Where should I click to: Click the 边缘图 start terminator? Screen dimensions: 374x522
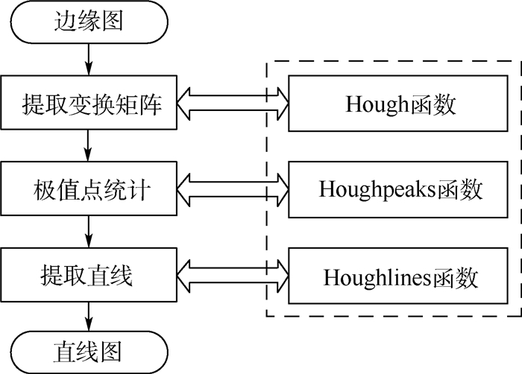[x=89, y=22]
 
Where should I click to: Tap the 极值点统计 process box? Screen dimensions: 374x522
[x=89, y=190]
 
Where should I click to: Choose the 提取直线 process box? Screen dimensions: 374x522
[x=89, y=276]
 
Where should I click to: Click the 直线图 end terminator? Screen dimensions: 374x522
[x=89, y=350]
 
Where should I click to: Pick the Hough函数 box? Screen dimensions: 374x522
[x=400, y=104]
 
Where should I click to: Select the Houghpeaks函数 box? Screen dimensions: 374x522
[x=400, y=190]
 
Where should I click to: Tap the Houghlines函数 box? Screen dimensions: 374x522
[x=400, y=277]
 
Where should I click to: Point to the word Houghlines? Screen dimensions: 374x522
[x=371, y=278]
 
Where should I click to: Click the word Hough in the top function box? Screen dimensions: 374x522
[x=377, y=104]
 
